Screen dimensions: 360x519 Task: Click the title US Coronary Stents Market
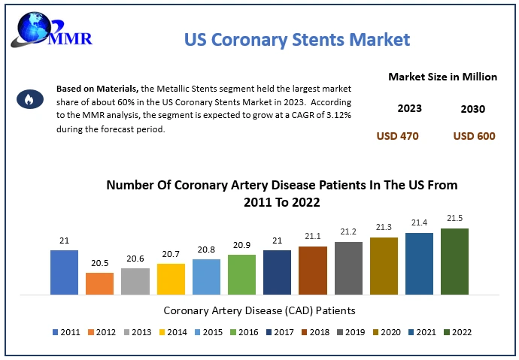[x=297, y=39]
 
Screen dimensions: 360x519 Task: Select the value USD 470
[x=397, y=136]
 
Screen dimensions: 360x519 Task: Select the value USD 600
[x=474, y=136]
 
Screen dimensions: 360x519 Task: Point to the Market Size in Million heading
[x=442, y=77]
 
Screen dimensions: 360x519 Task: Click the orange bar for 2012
[x=99, y=283]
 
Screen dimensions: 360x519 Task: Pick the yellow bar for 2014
[x=171, y=279]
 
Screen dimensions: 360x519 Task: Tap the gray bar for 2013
[x=135, y=281]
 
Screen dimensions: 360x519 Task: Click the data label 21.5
[x=454, y=218]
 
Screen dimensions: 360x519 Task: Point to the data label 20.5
[x=99, y=262]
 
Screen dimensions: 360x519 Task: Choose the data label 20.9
[x=241, y=244]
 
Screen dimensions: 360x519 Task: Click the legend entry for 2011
[x=66, y=331]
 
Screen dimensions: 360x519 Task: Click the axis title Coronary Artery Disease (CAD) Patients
[x=259, y=310]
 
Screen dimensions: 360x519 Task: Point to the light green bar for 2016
[x=241, y=274]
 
